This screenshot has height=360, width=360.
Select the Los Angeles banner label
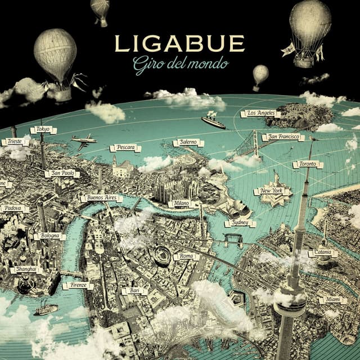pyautogui.click(x=260, y=114)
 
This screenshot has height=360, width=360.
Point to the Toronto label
pyautogui.click(x=308, y=164)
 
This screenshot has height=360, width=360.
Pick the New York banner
pyautogui.click(x=272, y=191)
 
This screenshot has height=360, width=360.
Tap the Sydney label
pyautogui.click(x=240, y=223)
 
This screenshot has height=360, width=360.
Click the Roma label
pyautogui.click(x=186, y=256)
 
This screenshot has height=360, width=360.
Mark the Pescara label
pyautogui.click(x=125, y=148)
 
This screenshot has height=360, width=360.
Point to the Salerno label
pyautogui.click(x=188, y=143)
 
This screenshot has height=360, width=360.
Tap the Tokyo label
pyautogui.click(x=43, y=129)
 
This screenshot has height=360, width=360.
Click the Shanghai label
pyautogui.click(x=26, y=269)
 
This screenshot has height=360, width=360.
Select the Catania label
pyautogui.click(x=323, y=253)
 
